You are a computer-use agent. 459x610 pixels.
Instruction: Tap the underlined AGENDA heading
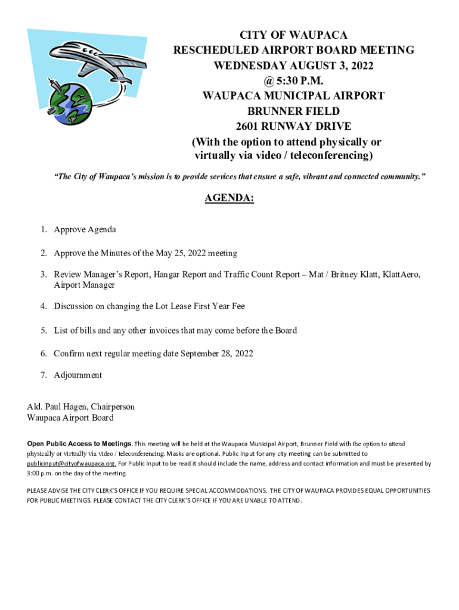click(229, 198)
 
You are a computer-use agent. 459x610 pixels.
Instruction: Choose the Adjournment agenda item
click(77, 375)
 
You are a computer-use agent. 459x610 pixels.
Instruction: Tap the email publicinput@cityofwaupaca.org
click(72, 463)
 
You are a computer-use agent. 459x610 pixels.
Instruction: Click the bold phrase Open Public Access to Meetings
click(79, 444)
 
